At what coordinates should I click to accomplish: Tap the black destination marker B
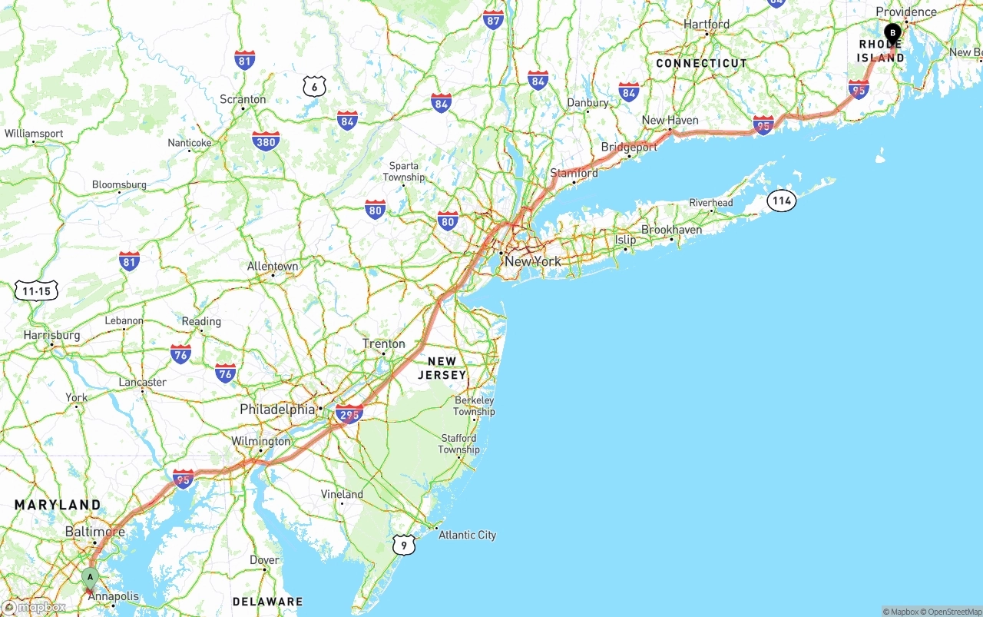(892, 33)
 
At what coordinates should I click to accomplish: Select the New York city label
(532, 261)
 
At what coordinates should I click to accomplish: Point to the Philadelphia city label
(277, 410)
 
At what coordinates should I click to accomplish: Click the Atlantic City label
(467, 535)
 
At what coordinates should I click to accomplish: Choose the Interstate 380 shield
(265, 141)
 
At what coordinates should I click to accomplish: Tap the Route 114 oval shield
(782, 201)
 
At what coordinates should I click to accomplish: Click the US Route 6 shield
(313, 86)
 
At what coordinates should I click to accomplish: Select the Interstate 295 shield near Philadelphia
(349, 414)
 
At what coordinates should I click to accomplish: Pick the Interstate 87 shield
(493, 20)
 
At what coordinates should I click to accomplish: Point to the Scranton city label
(243, 99)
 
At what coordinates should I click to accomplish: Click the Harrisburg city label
(51, 335)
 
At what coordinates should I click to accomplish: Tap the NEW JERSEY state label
(442, 368)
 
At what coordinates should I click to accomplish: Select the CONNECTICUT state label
(701, 63)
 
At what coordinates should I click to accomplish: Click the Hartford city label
(707, 24)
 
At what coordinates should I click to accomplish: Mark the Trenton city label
(384, 343)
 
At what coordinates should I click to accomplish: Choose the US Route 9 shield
(404, 546)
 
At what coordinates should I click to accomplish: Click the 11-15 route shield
(37, 290)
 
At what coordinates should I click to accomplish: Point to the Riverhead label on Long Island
(710, 203)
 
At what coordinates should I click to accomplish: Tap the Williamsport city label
(34, 134)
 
